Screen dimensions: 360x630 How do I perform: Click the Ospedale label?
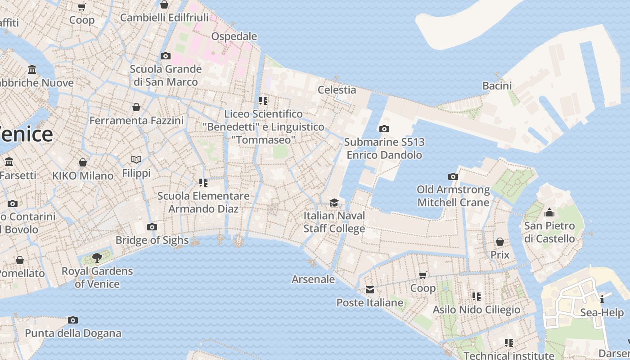tap(234, 36)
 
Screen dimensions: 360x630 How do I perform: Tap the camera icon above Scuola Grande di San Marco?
tap(166, 56)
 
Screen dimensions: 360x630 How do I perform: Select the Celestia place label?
tap(337, 90)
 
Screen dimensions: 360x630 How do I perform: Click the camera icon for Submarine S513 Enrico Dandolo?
tap(384, 129)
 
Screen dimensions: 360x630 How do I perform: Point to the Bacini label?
tap(497, 85)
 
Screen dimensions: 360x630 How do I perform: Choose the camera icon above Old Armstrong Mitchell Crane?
tap(453, 177)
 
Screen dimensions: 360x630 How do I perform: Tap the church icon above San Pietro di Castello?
tap(549, 212)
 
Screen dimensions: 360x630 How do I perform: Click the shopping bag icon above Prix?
tap(499, 242)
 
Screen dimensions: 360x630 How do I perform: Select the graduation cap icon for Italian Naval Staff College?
tap(333, 203)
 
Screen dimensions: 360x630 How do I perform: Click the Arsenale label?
tap(313, 279)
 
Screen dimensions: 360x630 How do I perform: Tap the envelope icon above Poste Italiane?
tap(370, 290)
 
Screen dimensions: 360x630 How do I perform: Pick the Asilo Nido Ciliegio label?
tap(476, 310)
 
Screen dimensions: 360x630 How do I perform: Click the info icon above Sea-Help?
tap(602, 300)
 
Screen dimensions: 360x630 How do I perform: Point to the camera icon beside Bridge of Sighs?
tap(152, 227)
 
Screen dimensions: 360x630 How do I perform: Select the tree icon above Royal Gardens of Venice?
tap(97, 258)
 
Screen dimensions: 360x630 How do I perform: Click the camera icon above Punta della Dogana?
tap(73, 320)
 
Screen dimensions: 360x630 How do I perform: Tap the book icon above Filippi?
tap(136, 160)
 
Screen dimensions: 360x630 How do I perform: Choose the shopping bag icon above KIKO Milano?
tap(83, 162)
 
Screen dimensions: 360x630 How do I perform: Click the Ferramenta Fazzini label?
tap(136, 121)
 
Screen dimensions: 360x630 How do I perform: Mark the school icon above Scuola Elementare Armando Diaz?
tap(203, 183)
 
